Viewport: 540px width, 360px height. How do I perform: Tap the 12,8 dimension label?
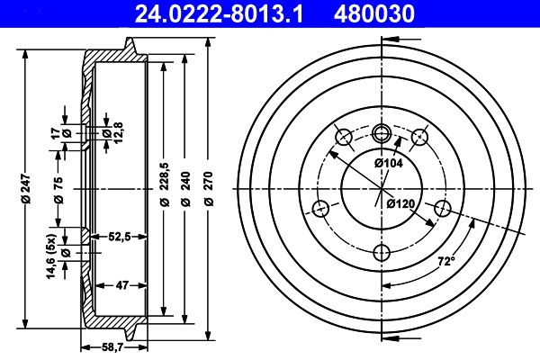coord(105,135)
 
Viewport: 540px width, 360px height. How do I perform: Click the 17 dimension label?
coord(56,133)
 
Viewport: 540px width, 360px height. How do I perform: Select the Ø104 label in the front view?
coord(389,163)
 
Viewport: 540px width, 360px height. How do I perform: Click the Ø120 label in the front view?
coord(400,204)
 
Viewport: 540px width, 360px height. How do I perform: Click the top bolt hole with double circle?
coord(381,134)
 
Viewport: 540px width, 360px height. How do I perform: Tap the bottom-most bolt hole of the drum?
coord(381,250)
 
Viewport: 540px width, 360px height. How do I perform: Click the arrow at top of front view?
coord(391,40)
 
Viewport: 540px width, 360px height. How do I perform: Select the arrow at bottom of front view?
coord(391,337)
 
